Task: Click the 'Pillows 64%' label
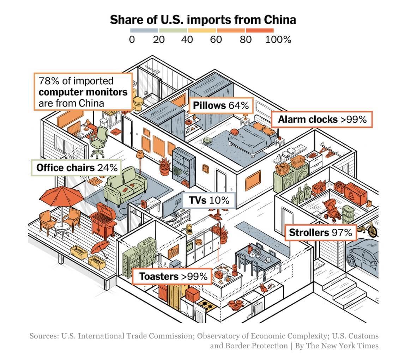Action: [221, 105]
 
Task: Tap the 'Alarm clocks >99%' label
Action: [322, 120]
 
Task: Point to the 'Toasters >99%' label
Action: [173, 276]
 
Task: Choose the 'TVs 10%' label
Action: [209, 200]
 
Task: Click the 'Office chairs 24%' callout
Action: [77, 168]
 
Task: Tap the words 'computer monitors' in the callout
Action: [83, 92]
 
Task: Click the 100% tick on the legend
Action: [278, 39]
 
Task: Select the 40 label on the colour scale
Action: [187, 39]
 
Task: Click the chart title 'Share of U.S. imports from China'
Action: [203, 20]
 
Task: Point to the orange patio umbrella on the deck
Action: [62, 198]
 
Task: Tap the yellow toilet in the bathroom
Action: [138, 101]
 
